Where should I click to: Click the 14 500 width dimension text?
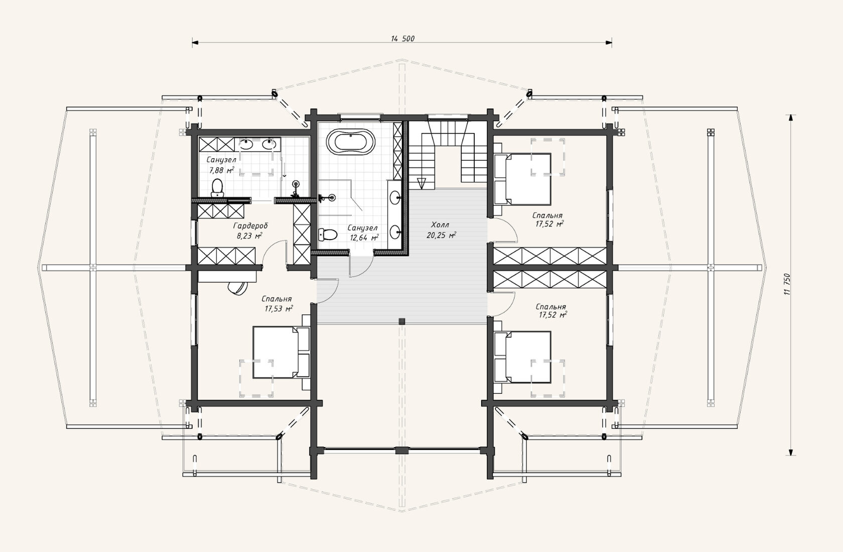click(402, 39)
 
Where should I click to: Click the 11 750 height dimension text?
click(788, 284)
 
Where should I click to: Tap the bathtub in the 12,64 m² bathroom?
click(351, 142)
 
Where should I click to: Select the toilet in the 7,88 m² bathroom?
click(217, 187)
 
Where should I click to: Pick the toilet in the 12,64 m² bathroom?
click(328, 235)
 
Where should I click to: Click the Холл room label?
click(440, 226)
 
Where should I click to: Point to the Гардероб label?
click(250, 226)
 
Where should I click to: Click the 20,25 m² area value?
click(441, 236)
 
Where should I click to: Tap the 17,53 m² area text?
click(278, 308)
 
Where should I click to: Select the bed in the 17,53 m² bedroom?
click(281, 352)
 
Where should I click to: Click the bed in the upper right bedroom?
click(522, 179)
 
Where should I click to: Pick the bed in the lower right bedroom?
click(522, 357)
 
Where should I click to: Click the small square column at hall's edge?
click(402, 321)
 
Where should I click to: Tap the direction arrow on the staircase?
click(421, 183)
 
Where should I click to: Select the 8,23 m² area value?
click(249, 236)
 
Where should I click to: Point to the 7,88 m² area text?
click(222, 170)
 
